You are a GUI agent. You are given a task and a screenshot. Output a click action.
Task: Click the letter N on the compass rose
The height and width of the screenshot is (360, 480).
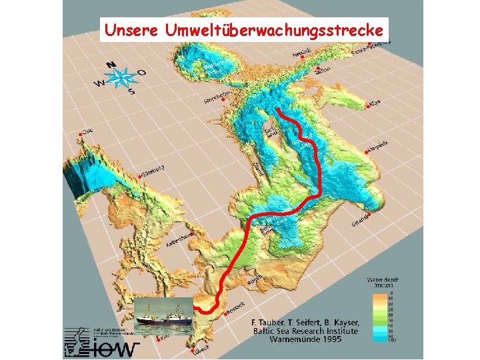coord(112,66)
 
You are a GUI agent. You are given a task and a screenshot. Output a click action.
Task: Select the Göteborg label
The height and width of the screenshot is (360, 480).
coord(153,171)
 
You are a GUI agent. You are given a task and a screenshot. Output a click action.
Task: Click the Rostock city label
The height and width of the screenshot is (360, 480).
coord(235,309)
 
